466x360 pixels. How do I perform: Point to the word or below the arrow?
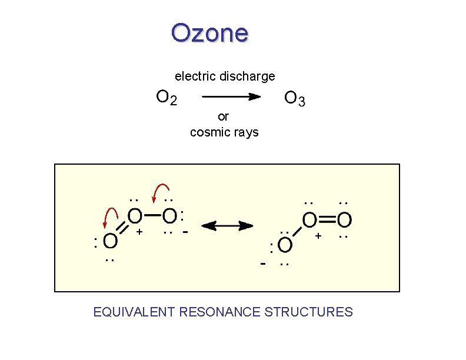(x=223, y=116)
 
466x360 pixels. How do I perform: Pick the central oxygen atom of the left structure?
(x=134, y=216)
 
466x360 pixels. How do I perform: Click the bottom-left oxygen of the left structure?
(x=110, y=241)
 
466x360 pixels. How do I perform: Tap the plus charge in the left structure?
(x=139, y=232)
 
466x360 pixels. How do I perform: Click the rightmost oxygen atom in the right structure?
(x=344, y=220)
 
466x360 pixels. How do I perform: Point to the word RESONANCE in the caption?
(x=219, y=312)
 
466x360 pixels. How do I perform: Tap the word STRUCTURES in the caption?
(x=309, y=312)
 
